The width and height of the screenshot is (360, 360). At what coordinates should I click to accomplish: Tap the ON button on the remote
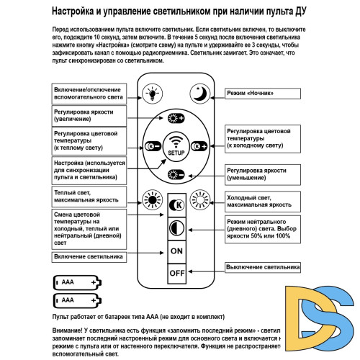click(176, 250)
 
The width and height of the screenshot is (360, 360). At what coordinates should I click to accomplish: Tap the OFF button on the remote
click(176, 273)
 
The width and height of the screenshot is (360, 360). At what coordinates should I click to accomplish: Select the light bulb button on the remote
click(152, 92)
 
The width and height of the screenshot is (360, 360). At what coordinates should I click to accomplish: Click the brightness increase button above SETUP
click(176, 120)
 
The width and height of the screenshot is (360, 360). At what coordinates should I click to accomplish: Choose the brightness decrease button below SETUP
click(176, 174)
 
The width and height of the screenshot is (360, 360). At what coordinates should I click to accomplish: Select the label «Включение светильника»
click(88, 256)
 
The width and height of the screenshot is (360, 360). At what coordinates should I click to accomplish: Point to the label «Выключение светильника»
click(261, 267)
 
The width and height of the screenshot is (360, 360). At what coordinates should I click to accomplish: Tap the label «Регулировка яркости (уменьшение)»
click(261, 174)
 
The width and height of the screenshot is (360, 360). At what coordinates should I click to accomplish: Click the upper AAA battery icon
click(74, 282)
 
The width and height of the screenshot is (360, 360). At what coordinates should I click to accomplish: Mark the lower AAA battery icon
click(74, 299)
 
